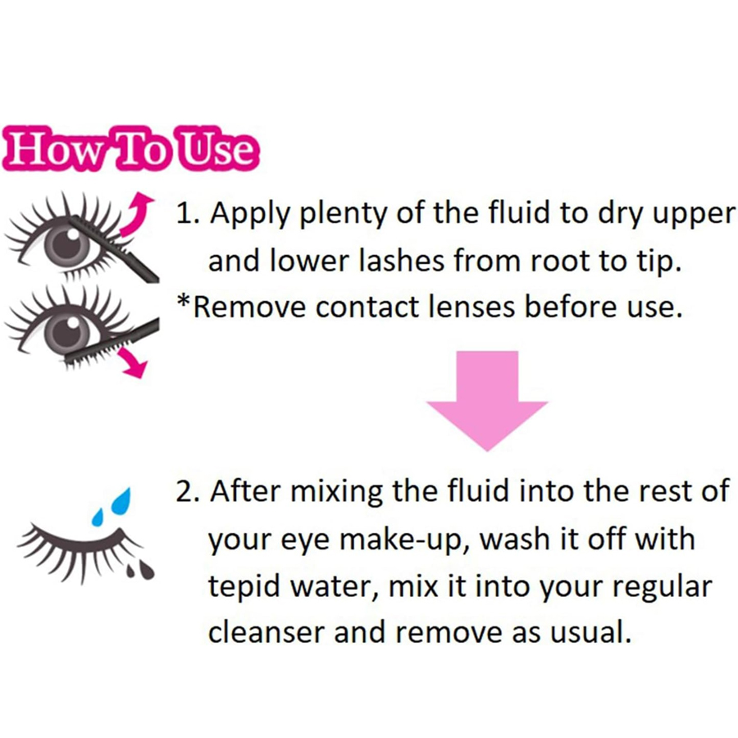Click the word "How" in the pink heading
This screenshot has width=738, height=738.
(x=57, y=148)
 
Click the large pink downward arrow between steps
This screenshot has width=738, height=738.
(x=487, y=400)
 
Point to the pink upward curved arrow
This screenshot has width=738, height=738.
(x=136, y=214)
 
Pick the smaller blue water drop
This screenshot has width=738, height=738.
(x=98, y=517)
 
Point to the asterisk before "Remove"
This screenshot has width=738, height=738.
(x=183, y=300)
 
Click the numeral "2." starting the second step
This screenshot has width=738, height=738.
(x=188, y=491)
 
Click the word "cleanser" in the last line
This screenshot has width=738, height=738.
(x=266, y=631)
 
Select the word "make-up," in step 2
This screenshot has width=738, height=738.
(x=404, y=540)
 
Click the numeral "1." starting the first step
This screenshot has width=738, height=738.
(x=188, y=213)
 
